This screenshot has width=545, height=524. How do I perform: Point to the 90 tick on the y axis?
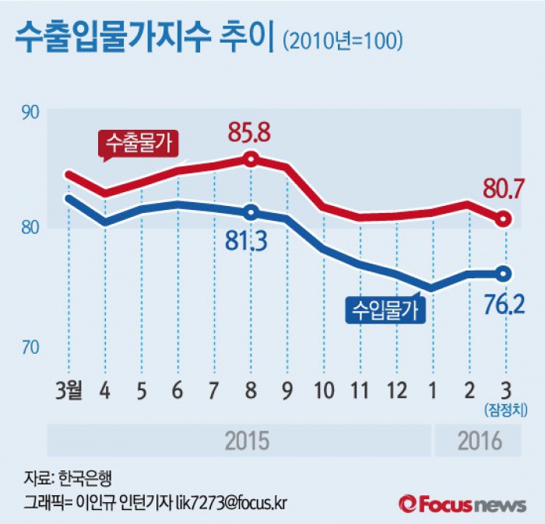[x=30, y=112]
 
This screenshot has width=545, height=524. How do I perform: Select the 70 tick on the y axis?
[x=30, y=347]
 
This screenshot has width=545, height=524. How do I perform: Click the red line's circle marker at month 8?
[x=251, y=159]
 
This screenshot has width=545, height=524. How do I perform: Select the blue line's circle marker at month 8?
[x=251, y=212]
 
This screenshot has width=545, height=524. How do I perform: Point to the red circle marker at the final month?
[x=504, y=219]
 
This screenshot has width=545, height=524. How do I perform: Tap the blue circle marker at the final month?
[x=504, y=273]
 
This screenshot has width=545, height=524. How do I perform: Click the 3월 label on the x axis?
[x=75, y=388]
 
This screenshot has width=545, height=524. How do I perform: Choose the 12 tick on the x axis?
[x=396, y=388]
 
